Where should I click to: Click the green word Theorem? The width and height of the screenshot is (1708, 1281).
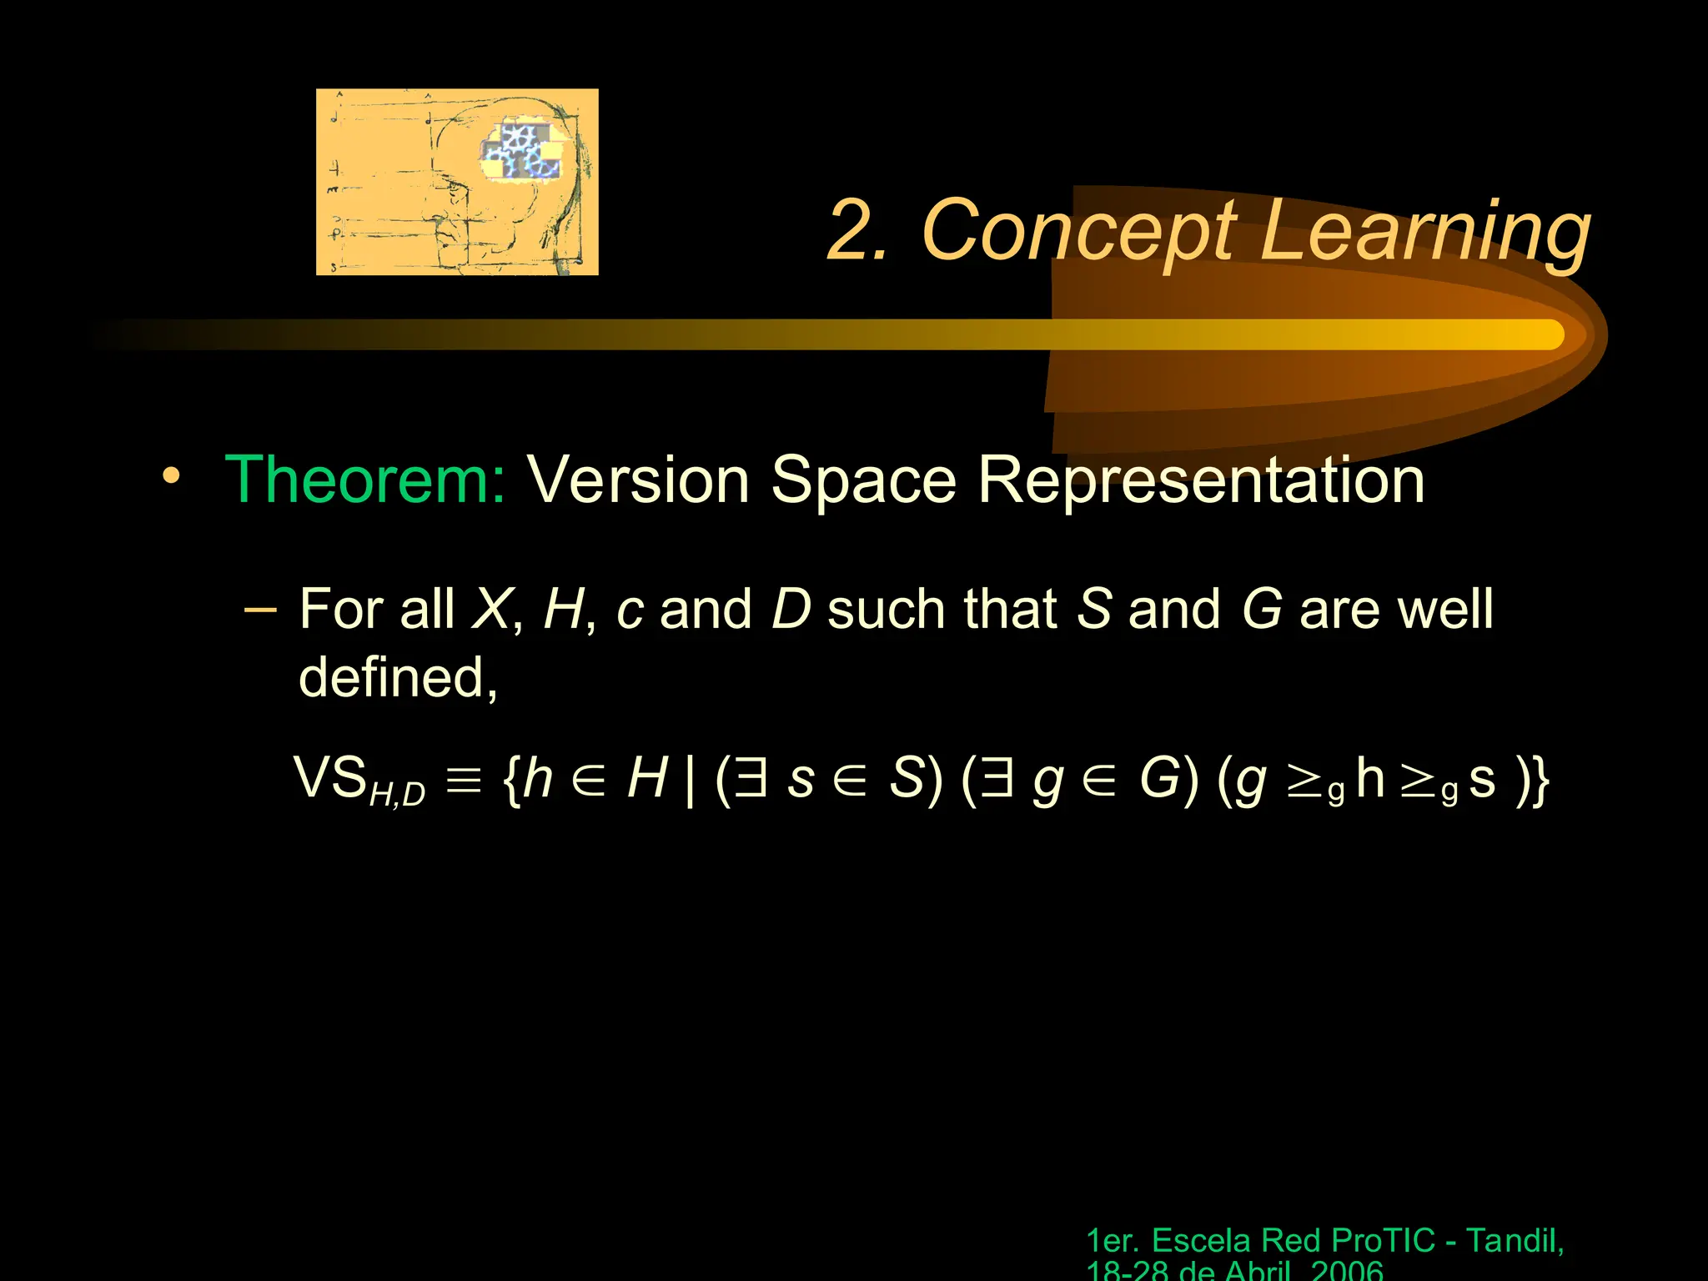364,480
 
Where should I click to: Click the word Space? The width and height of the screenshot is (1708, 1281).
862,482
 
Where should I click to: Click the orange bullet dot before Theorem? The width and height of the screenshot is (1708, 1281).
171,476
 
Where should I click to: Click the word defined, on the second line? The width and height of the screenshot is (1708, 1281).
398,677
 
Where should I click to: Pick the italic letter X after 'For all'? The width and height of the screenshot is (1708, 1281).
490,609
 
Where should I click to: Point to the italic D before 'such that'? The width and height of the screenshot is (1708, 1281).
791,609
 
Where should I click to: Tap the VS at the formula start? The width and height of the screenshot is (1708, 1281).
330,777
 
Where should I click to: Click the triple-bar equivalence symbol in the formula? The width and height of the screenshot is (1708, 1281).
464,781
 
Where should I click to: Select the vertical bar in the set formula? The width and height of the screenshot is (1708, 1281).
689,781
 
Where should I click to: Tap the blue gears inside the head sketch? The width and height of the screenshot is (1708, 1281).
521,151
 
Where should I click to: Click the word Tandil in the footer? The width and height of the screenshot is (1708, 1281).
1511,1241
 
